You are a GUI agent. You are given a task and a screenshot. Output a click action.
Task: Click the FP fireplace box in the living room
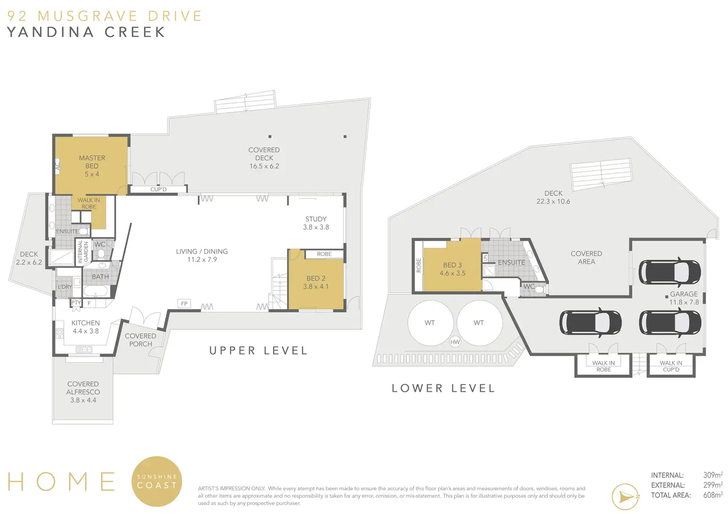184,303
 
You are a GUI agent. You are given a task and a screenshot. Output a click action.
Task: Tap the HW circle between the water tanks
455,342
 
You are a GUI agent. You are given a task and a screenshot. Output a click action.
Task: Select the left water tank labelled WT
431,323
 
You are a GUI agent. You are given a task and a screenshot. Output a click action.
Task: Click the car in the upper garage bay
670,272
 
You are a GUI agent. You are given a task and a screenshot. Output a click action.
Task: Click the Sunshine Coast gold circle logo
157,481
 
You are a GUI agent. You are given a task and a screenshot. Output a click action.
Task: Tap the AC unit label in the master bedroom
57,166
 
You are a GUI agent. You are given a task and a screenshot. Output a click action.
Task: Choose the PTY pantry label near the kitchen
76,302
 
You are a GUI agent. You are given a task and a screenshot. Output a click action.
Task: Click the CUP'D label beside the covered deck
159,189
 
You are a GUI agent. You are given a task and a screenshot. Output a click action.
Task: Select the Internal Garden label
84,252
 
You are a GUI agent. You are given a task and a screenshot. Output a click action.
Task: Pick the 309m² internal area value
713,475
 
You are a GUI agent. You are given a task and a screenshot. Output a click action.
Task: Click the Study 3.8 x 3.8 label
316,223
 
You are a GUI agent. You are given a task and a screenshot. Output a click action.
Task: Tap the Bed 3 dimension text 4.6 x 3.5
453,273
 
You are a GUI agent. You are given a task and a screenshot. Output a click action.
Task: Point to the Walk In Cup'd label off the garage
671,366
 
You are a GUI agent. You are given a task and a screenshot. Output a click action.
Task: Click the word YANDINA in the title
51,32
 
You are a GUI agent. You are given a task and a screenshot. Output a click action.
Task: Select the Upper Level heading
258,351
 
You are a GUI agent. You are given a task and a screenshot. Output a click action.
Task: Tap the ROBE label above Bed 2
324,254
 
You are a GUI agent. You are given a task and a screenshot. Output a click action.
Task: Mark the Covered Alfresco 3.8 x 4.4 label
83,392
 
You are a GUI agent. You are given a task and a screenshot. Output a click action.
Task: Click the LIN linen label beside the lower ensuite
485,258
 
